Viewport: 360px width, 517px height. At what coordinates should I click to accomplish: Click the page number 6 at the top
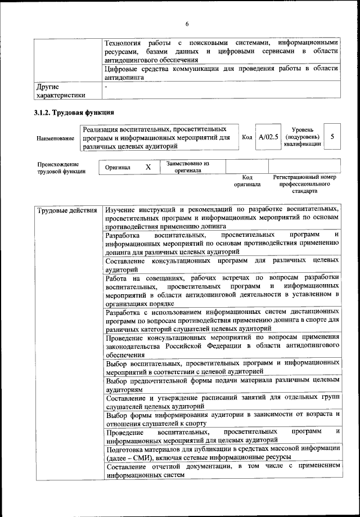coord(187,23)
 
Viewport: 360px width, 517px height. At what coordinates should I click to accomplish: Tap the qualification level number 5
coord(332,137)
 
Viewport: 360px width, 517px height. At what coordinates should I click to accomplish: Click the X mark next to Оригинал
coord(148,167)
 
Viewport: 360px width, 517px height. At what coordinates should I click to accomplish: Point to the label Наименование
coord(55,138)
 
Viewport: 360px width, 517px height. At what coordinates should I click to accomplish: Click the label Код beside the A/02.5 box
coord(247,137)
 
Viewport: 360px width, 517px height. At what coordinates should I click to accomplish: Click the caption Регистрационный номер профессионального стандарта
coord(304,184)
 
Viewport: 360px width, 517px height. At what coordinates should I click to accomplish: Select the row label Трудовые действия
coord(66,211)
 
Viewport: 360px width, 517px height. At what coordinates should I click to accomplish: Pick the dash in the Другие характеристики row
coord(107,87)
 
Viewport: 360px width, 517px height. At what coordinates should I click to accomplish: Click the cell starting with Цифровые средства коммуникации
coord(222,73)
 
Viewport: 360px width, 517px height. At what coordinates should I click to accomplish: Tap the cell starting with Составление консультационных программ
coord(222,265)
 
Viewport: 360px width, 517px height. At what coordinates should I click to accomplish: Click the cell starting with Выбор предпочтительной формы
coord(222,385)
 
